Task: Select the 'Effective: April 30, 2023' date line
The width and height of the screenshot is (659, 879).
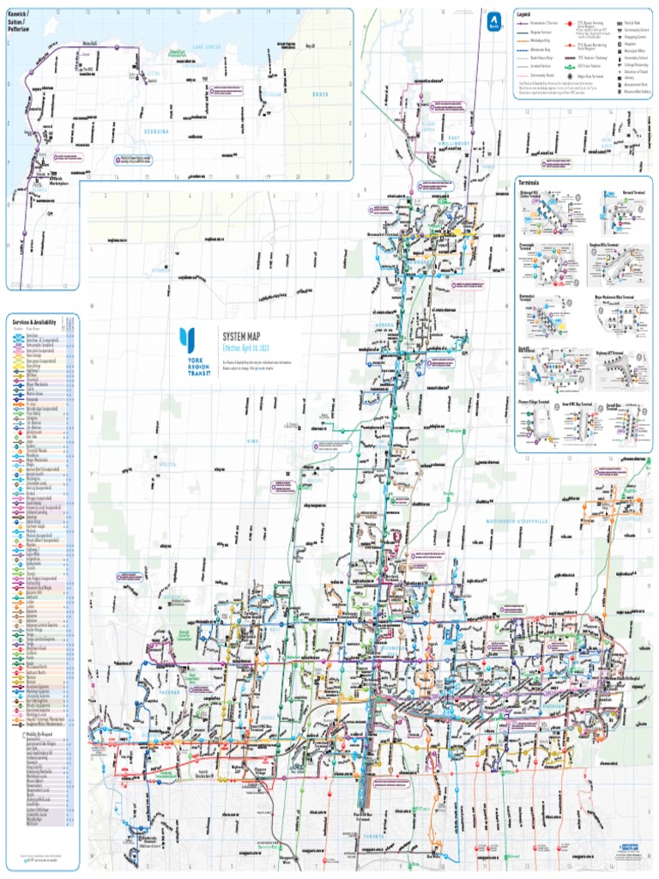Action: (x=251, y=349)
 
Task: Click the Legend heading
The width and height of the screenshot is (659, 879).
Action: (x=524, y=15)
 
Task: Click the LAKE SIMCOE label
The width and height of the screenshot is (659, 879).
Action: (x=207, y=45)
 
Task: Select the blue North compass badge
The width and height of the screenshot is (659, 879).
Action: (x=493, y=21)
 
